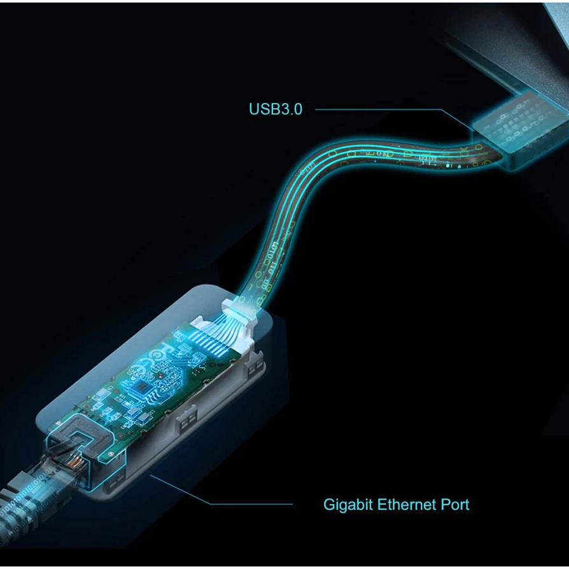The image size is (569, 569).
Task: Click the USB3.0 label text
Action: coord(276,109)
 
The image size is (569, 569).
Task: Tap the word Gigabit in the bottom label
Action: coord(348,505)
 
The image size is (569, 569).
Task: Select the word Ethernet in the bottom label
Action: coord(407,505)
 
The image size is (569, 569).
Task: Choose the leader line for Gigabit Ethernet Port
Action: coord(221,490)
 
